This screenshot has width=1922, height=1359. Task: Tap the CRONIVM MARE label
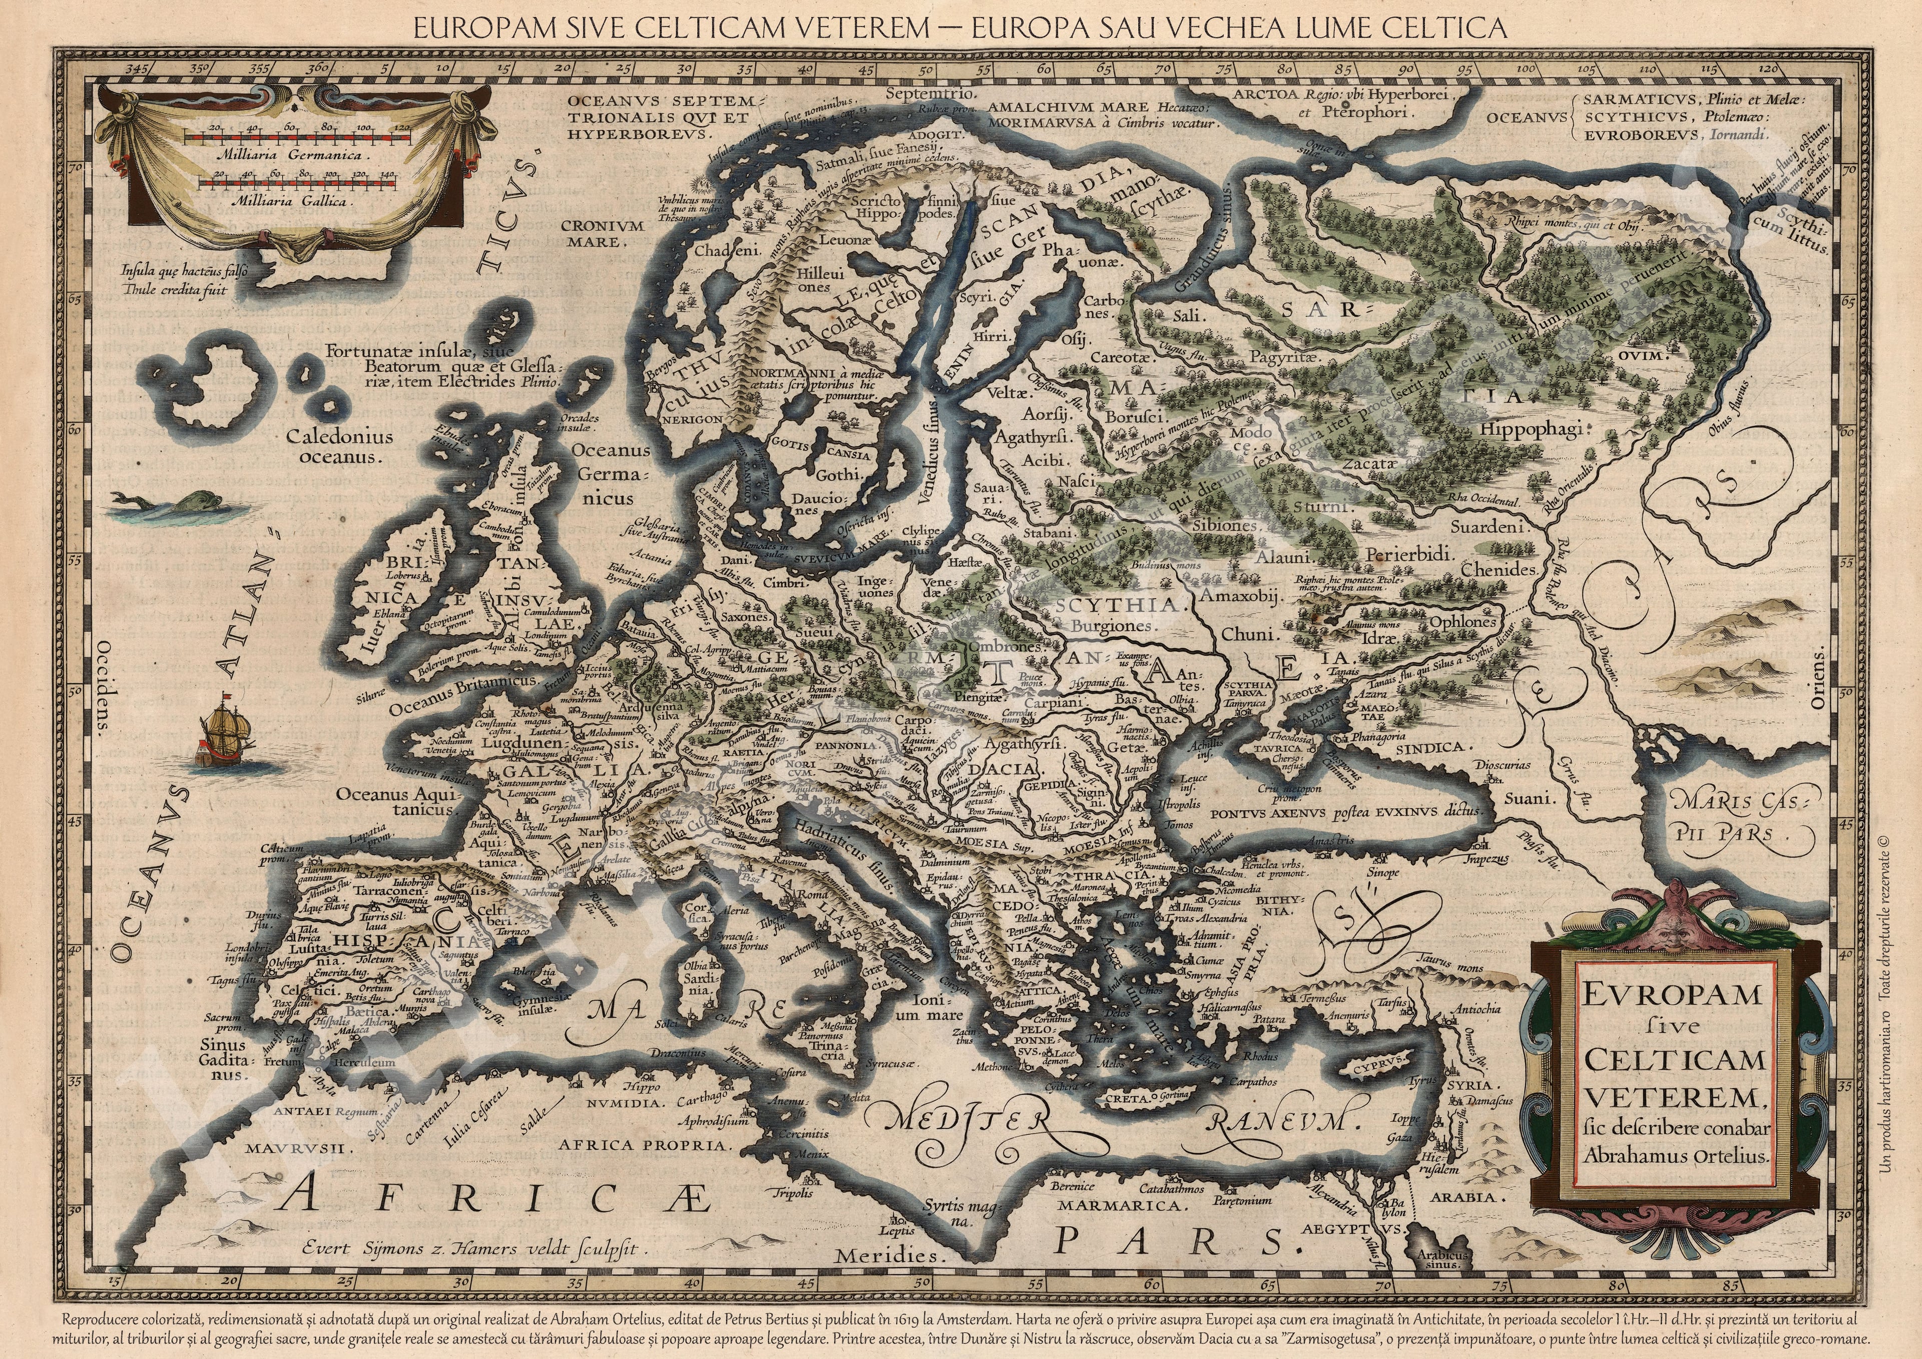click(602, 234)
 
